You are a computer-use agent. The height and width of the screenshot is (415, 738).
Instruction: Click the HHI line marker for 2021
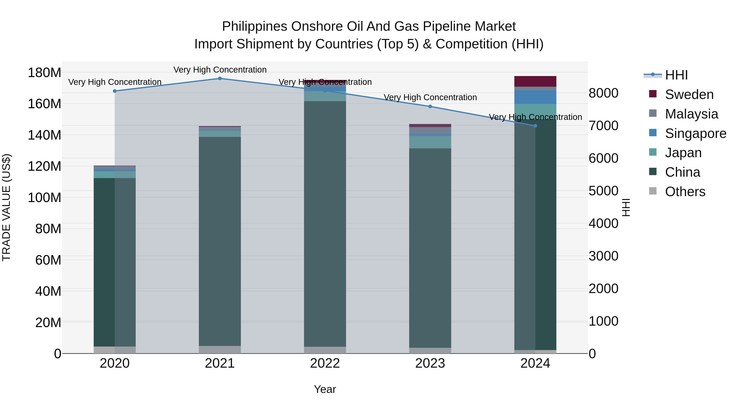point(220,78)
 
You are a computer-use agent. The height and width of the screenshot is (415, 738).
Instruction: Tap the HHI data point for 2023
point(430,107)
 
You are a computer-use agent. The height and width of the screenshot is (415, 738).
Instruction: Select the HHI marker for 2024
point(535,126)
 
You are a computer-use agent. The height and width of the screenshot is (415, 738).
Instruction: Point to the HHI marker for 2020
point(115,91)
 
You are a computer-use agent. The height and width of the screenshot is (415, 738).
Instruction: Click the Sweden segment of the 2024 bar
point(535,81)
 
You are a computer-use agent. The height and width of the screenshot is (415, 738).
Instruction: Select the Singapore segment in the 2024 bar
point(535,97)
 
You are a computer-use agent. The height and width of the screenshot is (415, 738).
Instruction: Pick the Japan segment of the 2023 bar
point(430,142)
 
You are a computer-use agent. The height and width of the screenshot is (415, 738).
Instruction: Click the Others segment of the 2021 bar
point(220,349)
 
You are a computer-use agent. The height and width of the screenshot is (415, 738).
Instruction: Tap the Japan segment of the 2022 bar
point(325,96)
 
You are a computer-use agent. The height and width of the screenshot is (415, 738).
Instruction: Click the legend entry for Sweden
point(689,94)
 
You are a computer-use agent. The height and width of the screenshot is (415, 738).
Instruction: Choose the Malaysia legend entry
point(691,114)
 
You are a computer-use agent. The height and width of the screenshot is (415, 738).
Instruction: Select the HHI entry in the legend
point(676,75)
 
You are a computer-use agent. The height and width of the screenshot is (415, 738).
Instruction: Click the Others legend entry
point(685,192)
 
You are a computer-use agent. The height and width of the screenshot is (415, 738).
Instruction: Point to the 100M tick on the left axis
point(44,198)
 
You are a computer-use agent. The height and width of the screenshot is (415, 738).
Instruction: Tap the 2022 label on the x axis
point(325,363)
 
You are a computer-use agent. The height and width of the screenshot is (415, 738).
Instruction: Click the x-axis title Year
point(325,389)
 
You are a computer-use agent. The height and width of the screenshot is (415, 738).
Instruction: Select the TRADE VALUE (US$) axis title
point(7,207)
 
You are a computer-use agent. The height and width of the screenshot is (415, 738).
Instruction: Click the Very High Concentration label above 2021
point(220,70)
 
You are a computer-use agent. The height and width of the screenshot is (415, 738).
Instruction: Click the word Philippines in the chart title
point(254,27)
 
